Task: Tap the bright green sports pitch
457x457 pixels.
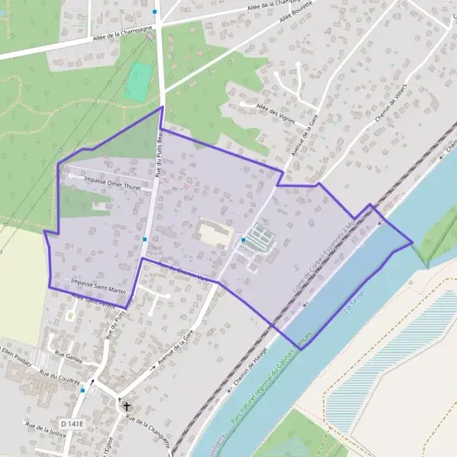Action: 139,81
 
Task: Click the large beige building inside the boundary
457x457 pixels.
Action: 215,232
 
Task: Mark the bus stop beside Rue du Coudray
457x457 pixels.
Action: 83,390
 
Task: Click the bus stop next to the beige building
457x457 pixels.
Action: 243,240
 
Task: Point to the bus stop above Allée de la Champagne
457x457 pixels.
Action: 155,11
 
